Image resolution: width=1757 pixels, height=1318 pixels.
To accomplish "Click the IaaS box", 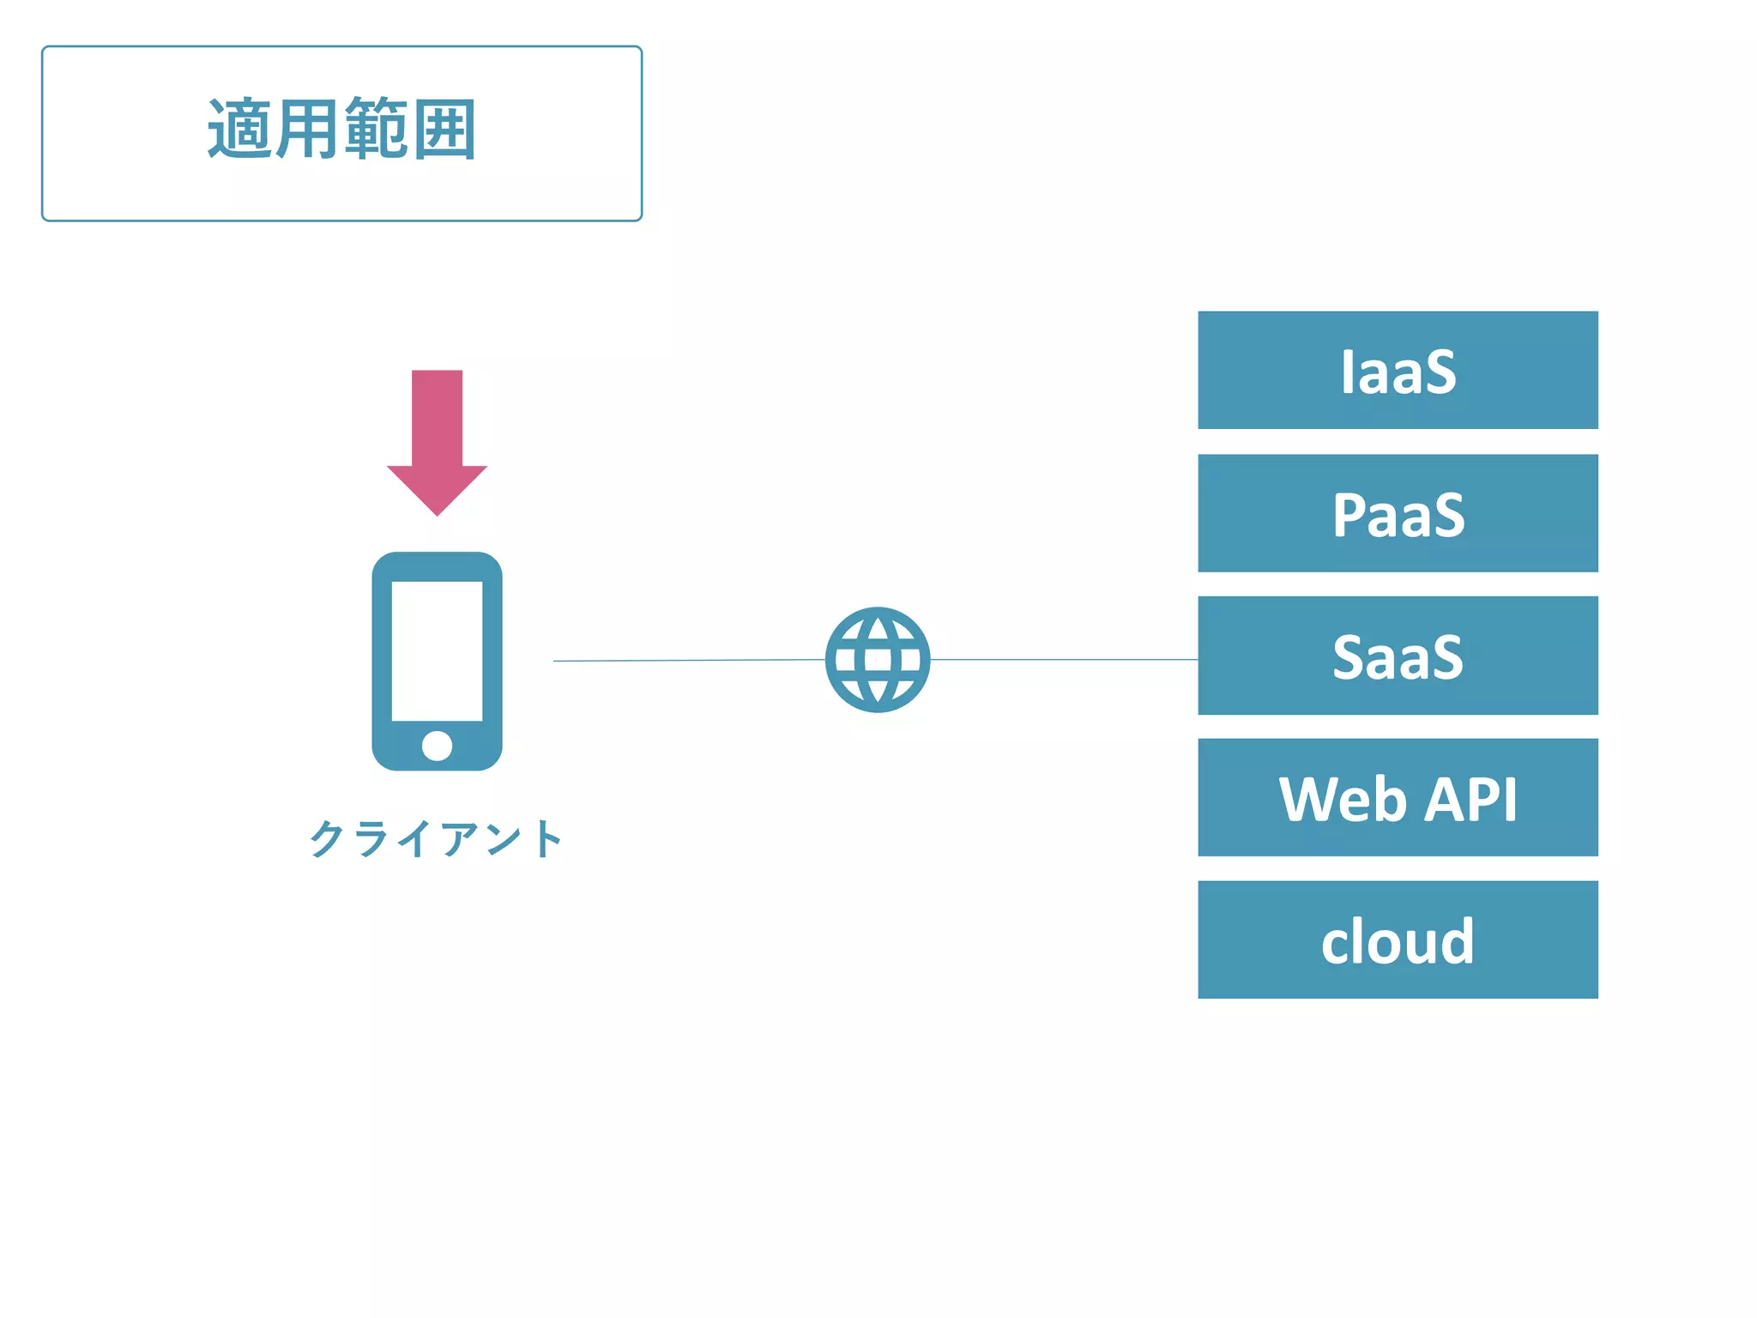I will [x=1398, y=371].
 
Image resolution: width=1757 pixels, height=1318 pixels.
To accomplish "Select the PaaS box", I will [x=1398, y=513].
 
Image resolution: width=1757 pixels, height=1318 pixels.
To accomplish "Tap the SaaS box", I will [x=1398, y=656].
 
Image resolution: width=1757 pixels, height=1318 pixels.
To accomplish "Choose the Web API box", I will [x=1398, y=798].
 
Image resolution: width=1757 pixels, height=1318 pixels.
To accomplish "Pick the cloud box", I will [x=1398, y=940].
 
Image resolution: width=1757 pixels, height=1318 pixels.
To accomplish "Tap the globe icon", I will [x=878, y=660].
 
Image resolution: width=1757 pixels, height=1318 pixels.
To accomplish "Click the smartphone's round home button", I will [x=437, y=746].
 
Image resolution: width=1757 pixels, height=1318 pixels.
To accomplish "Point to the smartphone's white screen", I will [x=437, y=650].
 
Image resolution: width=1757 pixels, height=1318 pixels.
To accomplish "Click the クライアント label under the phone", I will [x=436, y=838].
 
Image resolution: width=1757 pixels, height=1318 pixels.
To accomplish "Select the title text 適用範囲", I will [x=341, y=130].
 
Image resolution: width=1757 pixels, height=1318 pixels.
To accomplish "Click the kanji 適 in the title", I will [x=240, y=130].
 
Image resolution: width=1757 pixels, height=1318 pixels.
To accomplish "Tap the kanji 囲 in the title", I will [x=444, y=130].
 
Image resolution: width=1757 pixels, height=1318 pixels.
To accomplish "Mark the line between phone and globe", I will [x=686, y=661].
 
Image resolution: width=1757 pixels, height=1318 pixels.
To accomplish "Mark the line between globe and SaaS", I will [x=1064, y=660].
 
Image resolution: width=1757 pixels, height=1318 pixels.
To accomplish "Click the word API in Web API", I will [x=1471, y=800].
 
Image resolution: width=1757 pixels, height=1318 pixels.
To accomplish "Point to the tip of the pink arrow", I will [x=437, y=512].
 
